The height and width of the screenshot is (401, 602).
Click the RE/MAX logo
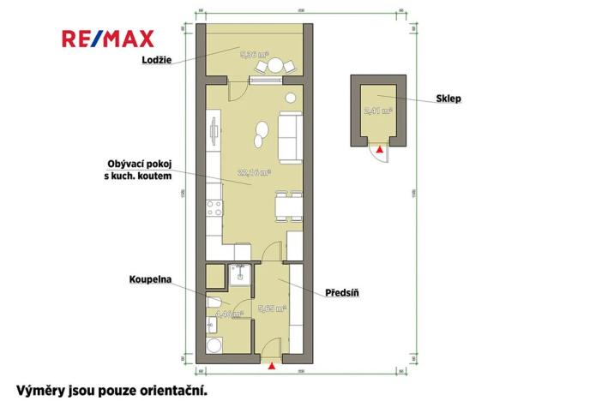coord(108,38)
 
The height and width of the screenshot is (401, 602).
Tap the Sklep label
coord(448,99)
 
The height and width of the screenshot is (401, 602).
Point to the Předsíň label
coord(341,293)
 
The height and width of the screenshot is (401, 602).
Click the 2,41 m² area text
coord(377,111)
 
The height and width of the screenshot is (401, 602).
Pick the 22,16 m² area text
coord(255,172)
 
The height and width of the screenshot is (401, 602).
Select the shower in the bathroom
coord(240,273)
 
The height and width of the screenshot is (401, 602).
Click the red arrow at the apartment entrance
coord(272,367)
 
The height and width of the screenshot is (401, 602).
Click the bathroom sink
coord(213,325)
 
